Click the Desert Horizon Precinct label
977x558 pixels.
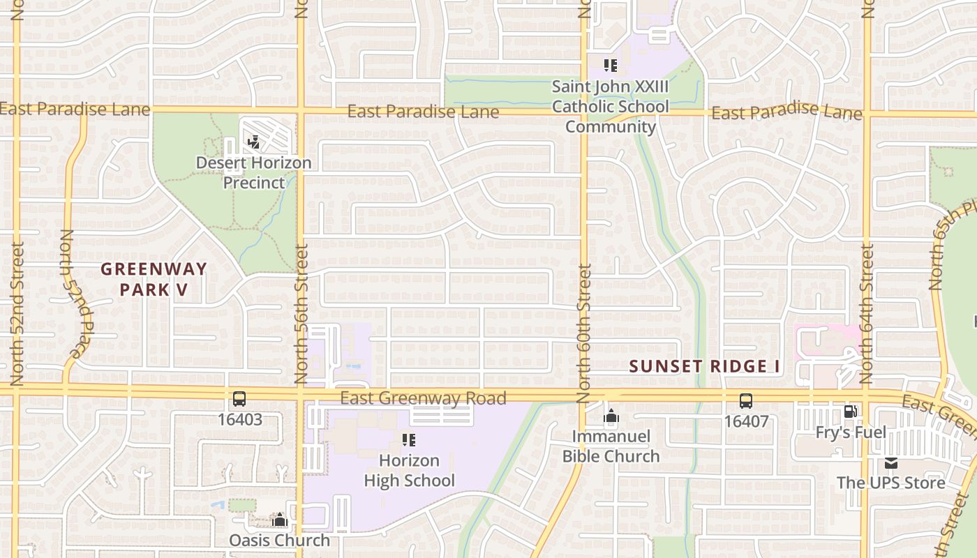(x=253, y=172)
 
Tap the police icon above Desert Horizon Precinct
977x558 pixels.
(x=253, y=142)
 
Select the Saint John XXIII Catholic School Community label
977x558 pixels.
(x=610, y=107)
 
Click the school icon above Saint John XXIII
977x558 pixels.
(x=611, y=66)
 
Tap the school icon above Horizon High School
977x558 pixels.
(x=409, y=440)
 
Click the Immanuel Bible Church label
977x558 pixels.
(x=611, y=446)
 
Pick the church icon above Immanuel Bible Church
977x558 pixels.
(x=611, y=416)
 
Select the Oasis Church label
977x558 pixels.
(x=280, y=540)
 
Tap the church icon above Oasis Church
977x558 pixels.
(x=280, y=520)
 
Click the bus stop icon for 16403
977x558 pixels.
(x=239, y=400)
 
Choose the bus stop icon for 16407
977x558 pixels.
(x=746, y=401)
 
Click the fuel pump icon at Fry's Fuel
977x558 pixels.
(x=850, y=412)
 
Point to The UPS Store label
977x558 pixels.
(x=891, y=483)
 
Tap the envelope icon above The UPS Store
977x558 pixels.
(x=891, y=462)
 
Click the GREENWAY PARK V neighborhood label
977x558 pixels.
(x=154, y=278)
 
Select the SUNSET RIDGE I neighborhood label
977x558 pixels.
(x=704, y=366)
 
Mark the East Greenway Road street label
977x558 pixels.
(x=423, y=399)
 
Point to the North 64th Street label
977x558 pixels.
(x=867, y=314)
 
